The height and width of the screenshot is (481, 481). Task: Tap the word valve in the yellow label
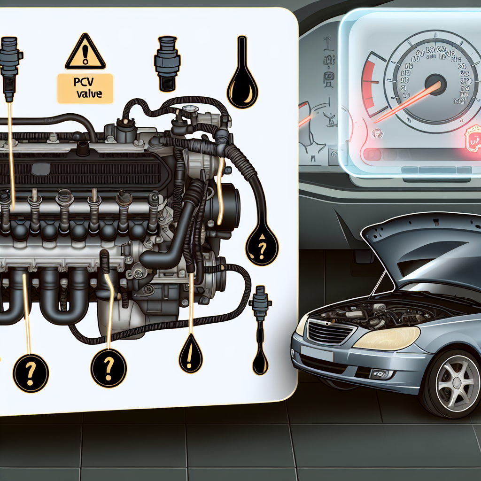(90, 93)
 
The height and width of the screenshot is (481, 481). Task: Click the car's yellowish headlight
(386, 338)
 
